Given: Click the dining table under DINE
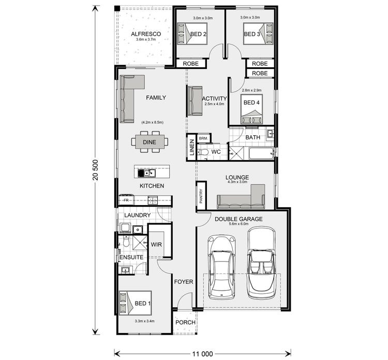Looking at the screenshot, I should [x=150, y=141].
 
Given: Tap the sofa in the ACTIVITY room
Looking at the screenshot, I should [x=195, y=99].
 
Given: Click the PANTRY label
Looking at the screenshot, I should [x=201, y=196].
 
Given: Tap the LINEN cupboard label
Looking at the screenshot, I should [x=191, y=147].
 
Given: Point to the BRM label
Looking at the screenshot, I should [x=203, y=138].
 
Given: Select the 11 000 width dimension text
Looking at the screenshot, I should [x=201, y=354].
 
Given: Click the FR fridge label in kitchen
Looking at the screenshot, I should [x=126, y=200].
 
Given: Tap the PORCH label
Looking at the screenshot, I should [x=185, y=322].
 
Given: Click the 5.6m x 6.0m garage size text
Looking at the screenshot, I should [x=238, y=224].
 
